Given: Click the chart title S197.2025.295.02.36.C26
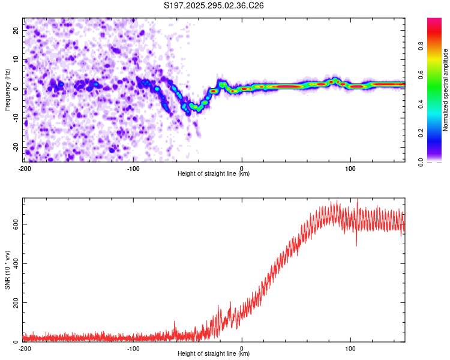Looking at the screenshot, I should [214, 5].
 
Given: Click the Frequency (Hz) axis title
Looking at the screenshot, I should [7, 89].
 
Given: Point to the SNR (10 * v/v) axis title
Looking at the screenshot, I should [7, 269].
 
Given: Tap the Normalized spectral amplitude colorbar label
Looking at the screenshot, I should [445, 90].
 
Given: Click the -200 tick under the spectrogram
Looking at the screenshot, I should [25, 167].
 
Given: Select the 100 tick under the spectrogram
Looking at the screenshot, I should [351, 167].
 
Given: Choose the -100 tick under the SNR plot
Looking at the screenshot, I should [133, 348].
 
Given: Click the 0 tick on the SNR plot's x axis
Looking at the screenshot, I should [242, 348].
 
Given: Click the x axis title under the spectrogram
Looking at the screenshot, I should [214, 174].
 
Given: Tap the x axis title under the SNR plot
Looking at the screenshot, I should [214, 354].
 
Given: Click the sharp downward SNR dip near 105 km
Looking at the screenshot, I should [356, 245].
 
